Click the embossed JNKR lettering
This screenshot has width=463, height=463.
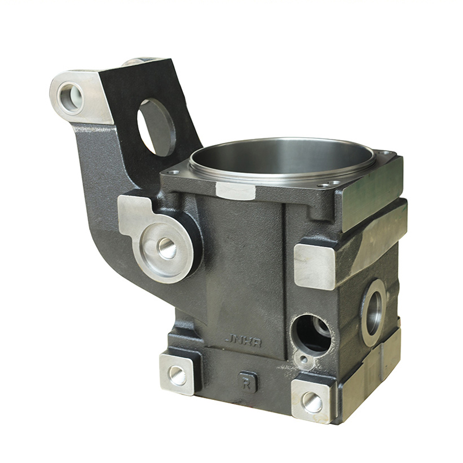(243, 341)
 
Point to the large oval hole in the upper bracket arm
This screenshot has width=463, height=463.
(156, 127)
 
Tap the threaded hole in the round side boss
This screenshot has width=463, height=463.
(167, 248)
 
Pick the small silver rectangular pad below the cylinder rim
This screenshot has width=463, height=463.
(234, 190)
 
